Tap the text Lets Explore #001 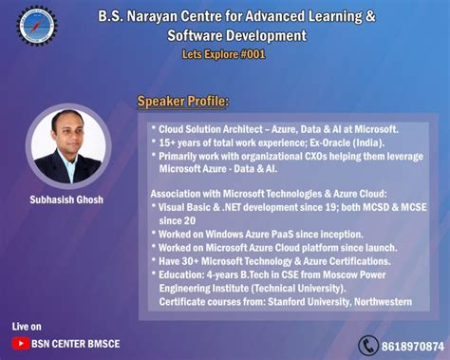coord(225,54)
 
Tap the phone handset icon coord(367,344)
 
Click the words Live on coord(28,327)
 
